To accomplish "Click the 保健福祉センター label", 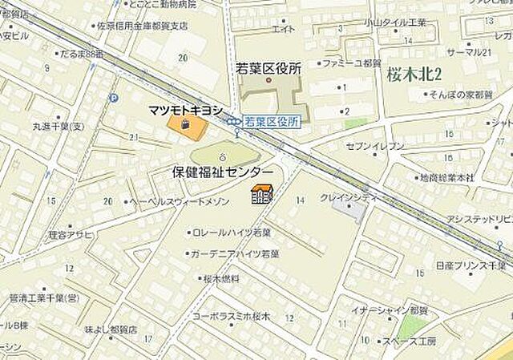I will pyautogui.click(x=223, y=171).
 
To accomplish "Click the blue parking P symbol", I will pyautogui.click(x=113, y=99).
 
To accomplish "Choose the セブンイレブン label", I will pyautogui.click(x=375, y=145).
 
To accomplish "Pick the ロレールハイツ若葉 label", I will pyautogui.click(x=232, y=232).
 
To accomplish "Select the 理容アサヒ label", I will pyautogui.click(x=71, y=234).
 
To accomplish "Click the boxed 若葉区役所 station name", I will pyautogui.click(x=272, y=121).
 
